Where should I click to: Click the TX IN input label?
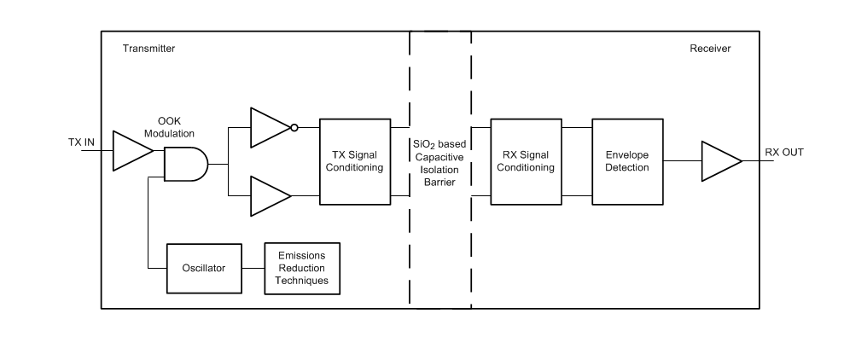pos(83,142)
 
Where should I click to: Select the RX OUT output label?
pos(783,153)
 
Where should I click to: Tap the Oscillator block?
pos(203,268)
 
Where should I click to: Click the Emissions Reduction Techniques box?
pos(301,268)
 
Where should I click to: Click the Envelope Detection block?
pos(627,161)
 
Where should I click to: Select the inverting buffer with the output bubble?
pos(269,128)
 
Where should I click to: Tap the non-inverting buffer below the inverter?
pos(269,195)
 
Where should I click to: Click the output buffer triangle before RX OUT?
pos(720,161)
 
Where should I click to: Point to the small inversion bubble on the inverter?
pos(294,128)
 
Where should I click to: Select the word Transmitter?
pos(148,49)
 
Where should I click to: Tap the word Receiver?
pos(710,49)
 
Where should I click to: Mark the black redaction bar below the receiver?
pos(690,320)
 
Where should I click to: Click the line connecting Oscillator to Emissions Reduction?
pos(253,268)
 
